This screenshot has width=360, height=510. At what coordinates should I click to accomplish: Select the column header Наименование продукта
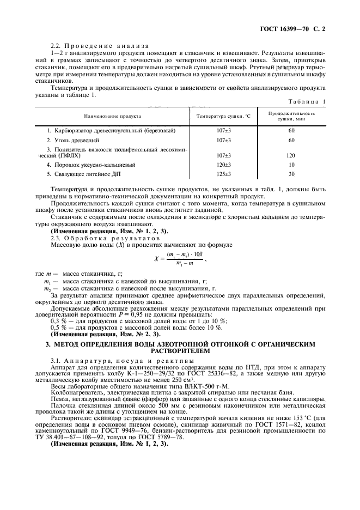pos(113,116)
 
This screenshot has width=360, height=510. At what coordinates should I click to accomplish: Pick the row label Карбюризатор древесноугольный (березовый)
pos(103,131)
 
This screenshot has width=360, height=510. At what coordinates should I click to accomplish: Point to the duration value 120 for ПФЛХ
pos(291,155)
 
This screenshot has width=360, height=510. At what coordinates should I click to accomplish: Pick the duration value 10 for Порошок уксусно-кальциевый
pos(291,164)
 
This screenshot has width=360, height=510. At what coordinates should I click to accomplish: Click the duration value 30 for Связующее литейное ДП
pos(291,174)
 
